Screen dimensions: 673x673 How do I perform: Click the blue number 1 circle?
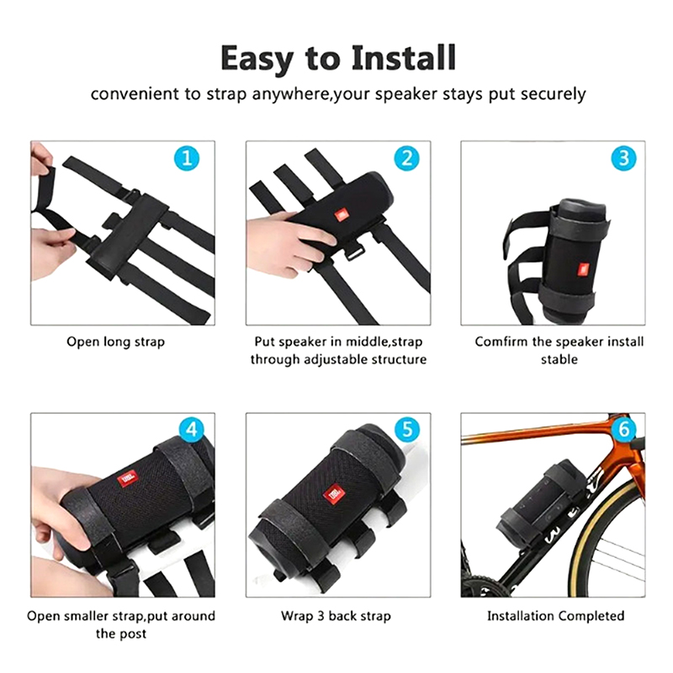[187, 158]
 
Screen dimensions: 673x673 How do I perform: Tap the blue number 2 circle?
[406, 158]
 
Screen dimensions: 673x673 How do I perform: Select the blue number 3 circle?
[623, 158]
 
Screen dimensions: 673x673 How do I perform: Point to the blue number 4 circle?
[192, 429]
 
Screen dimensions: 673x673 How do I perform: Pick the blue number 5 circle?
[407, 429]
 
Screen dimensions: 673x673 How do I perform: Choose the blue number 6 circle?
[623, 429]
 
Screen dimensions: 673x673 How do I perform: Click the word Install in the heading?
[403, 58]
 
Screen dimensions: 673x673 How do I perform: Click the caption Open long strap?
[115, 342]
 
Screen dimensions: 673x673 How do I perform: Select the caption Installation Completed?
[555, 617]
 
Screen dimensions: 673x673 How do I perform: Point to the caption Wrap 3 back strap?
[336, 617]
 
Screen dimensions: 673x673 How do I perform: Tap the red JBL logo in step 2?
[342, 215]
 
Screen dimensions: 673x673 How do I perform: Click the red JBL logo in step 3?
[582, 270]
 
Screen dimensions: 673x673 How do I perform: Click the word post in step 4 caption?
[133, 634]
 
